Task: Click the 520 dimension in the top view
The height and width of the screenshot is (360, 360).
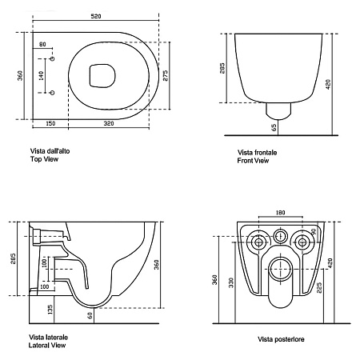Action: pos(96,16)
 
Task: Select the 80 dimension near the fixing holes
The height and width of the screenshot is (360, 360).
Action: pos(42,44)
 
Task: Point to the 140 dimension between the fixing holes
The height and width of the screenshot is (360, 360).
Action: pos(41,76)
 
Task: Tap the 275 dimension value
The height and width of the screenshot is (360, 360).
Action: pos(166,75)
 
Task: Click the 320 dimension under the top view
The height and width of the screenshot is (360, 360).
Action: pos(109,123)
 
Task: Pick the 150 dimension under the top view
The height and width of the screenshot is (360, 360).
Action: pos(50,123)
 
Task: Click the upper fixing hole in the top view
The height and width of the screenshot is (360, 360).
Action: pos(53,58)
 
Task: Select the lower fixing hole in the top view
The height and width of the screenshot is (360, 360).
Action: pos(53,93)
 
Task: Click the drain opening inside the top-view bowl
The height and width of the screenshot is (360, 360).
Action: pos(102,76)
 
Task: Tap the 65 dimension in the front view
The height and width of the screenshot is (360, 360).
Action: pos(274,127)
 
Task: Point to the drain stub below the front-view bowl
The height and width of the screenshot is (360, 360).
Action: pos(278,111)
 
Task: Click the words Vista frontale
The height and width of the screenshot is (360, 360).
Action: pos(258,153)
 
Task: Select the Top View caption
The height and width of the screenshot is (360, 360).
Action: pos(44,159)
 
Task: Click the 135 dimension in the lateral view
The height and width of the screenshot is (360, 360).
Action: pos(50,310)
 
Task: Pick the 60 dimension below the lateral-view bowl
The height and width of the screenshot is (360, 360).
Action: pos(90,315)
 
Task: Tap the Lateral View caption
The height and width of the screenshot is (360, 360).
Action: pos(47,346)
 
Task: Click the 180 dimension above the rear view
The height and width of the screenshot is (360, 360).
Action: pos(280,213)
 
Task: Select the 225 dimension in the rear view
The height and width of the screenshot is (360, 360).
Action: pos(319,287)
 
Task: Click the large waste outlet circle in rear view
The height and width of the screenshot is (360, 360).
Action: pos(280,270)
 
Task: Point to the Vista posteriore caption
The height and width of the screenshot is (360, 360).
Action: pos(281,339)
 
